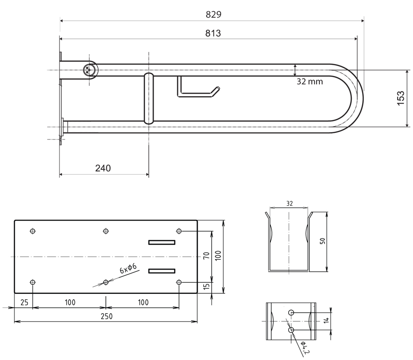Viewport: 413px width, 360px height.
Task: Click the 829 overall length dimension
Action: point(213,14)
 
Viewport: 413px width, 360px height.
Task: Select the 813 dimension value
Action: point(213,33)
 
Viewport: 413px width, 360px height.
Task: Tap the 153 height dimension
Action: point(400,98)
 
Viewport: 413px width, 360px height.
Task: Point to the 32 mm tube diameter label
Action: point(310,81)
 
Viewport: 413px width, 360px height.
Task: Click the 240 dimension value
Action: point(103,168)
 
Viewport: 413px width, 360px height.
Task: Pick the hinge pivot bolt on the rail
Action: point(89,70)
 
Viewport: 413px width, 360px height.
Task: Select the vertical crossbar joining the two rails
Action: point(149,98)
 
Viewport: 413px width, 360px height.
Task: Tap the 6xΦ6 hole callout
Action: point(128,268)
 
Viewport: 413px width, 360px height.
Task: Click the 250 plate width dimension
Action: point(107,316)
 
